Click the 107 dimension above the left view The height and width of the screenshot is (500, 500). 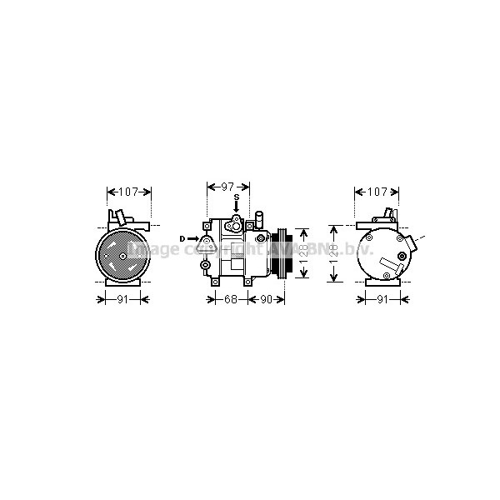(128, 192)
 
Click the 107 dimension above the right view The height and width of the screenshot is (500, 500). (377, 192)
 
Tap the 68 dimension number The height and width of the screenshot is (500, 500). (231, 299)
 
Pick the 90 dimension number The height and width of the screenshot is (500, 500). (267, 299)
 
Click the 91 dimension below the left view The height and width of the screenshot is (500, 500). (122, 299)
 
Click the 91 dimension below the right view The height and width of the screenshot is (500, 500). (383, 299)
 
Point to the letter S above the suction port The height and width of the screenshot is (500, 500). (236, 197)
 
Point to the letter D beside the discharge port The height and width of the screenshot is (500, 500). (182, 239)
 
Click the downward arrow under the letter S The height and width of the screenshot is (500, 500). (236, 208)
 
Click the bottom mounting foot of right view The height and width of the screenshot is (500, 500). (383, 282)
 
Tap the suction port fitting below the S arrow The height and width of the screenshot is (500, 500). (236, 222)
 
